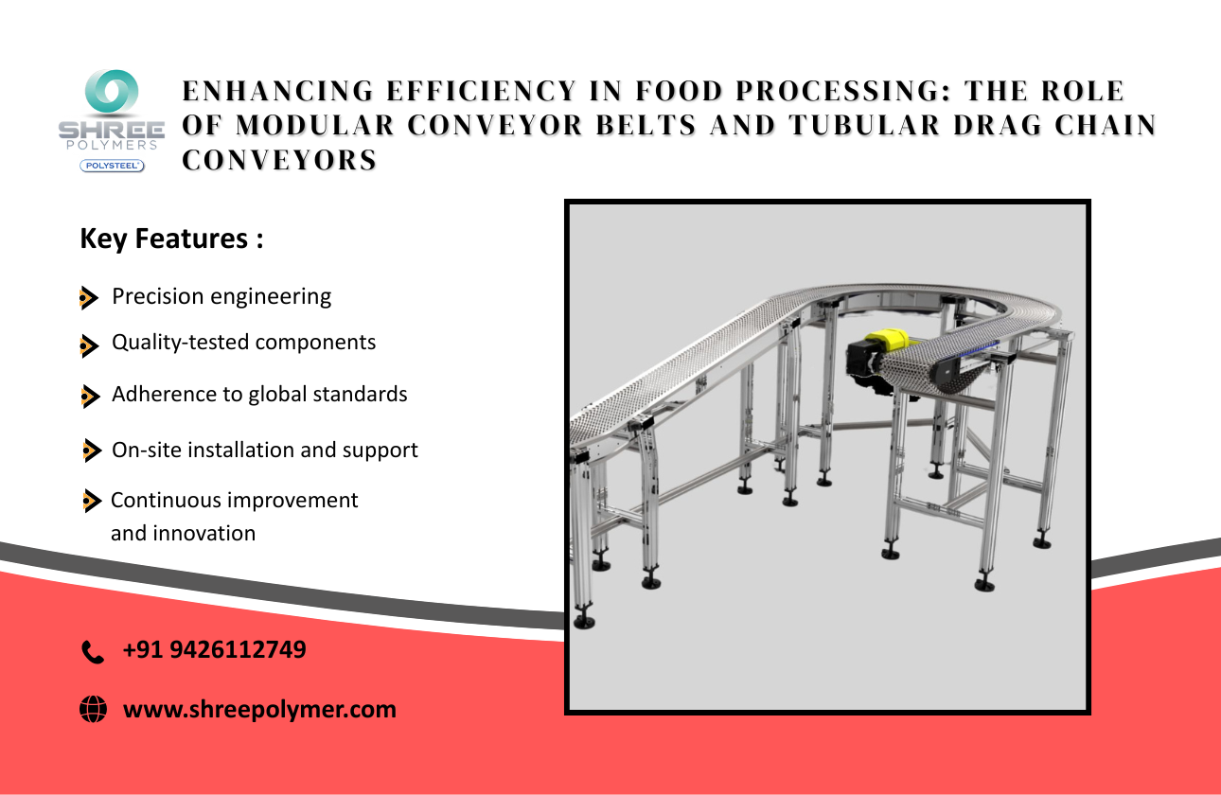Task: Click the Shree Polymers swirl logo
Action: (113, 95)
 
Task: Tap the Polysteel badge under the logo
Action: (113, 166)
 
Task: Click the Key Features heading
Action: (171, 238)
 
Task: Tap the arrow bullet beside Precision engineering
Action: (88, 298)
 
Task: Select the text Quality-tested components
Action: (243, 342)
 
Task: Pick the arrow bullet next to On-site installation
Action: (92, 450)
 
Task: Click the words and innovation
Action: (183, 533)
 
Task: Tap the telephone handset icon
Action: (93, 651)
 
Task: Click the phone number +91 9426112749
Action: (214, 649)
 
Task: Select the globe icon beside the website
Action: (93, 709)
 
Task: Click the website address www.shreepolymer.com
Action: (259, 709)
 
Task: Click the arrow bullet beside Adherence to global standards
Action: (89, 396)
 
